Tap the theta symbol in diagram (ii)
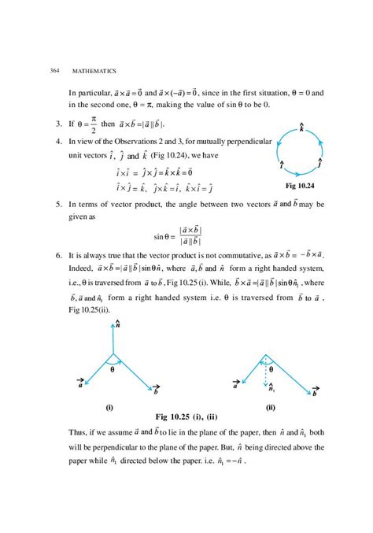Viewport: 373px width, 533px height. [x=272, y=369]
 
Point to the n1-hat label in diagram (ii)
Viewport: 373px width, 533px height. [x=273, y=387]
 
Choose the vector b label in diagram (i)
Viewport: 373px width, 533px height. [x=157, y=391]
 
